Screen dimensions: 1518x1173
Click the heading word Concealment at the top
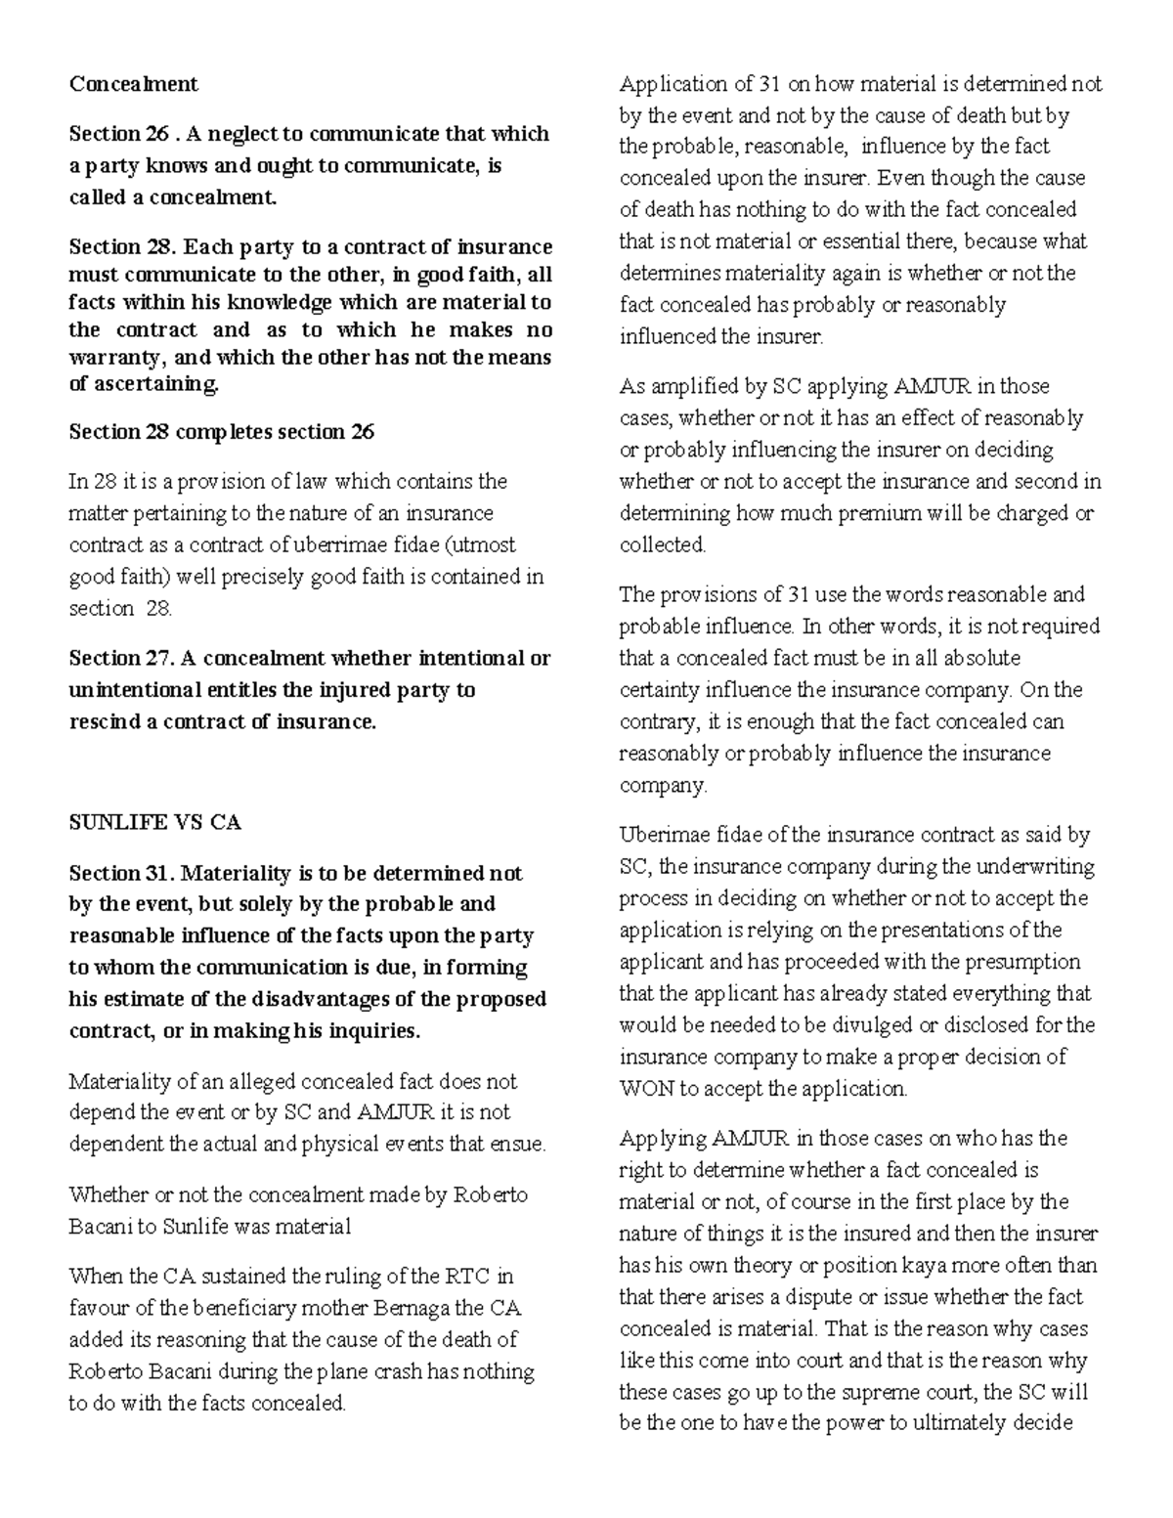[133, 84]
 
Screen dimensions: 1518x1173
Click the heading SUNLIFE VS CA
[154, 823]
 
